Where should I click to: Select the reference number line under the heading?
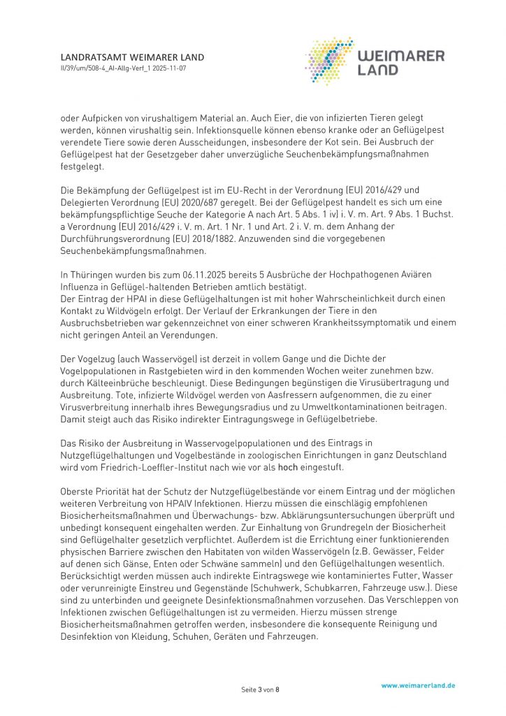124,69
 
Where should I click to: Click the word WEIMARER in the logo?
401,56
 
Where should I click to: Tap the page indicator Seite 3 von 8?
260,690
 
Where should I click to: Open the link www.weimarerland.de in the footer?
418,686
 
